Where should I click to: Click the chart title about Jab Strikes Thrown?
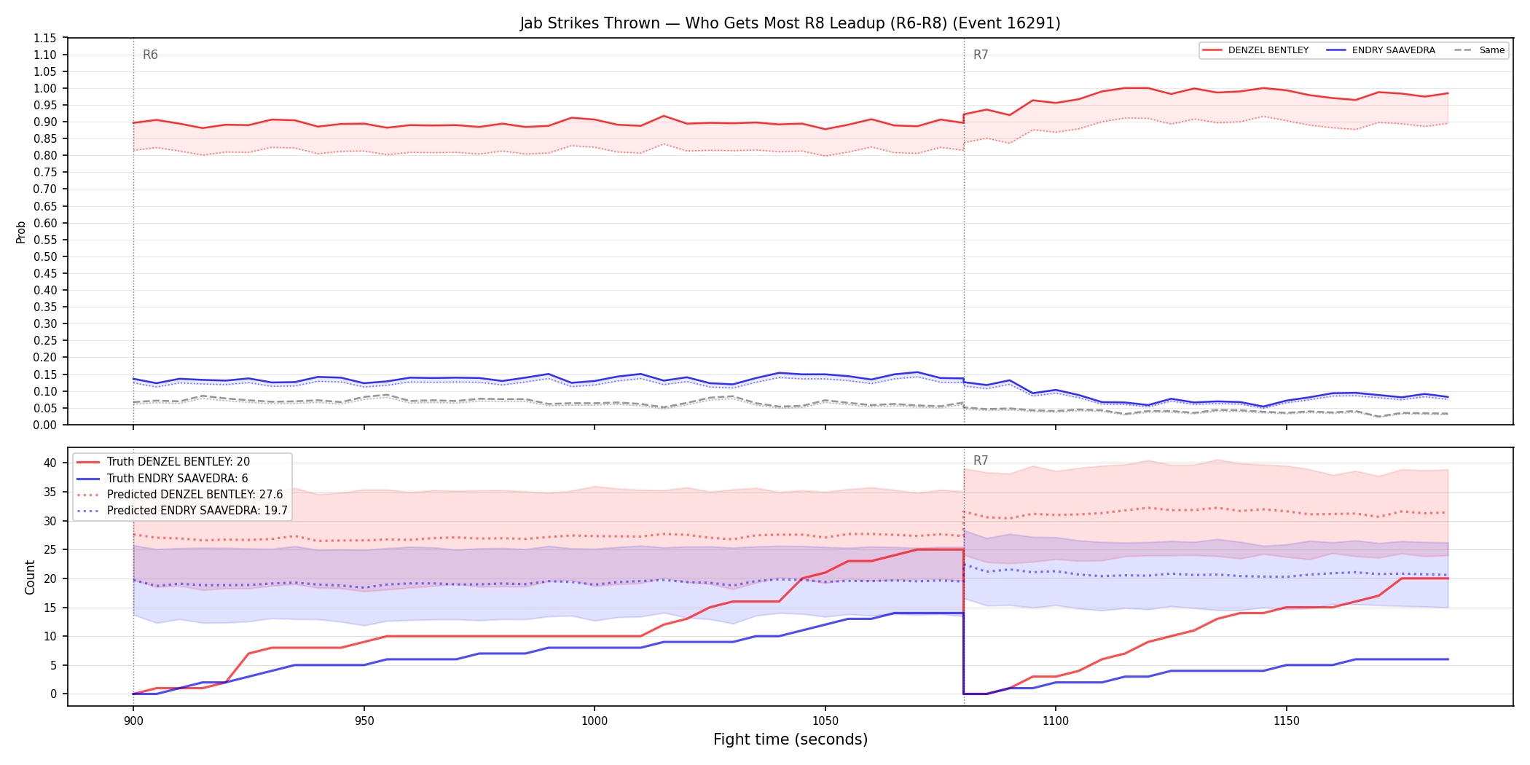tap(790, 23)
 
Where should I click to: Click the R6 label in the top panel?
tap(150, 55)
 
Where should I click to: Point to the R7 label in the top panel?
tap(981, 55)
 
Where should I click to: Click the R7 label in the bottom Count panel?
tap(981, 460)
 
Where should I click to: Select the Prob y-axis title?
tap(21, 232)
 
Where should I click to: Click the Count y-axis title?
tap(30, 577)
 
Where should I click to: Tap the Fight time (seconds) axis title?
tap(790, 739)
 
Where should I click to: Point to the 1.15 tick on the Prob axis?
tap(45, 38)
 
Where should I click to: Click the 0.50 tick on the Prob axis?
tap(45, 256)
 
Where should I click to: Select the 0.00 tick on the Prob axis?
tap(45, 425)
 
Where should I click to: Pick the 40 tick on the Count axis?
tap(50, 463)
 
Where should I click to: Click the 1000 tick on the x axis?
tap(595, 721)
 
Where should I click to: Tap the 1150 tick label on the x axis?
tap(1286, 721)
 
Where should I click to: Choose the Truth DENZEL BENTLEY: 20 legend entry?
tap(163, 462)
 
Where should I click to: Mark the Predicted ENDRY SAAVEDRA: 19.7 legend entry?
tap(182, 510)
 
